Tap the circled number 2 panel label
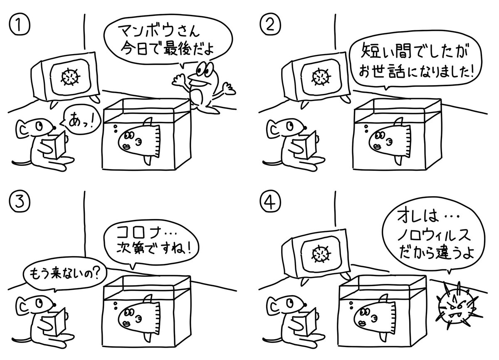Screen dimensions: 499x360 pyautogui.click(x=270, y=25)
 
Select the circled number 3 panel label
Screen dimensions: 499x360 pyautogui.click(x=19, y=202)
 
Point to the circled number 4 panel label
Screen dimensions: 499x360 pyautogui.click(x=270, y=202)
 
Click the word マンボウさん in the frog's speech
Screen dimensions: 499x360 pyautogui.click(x=158, y=31)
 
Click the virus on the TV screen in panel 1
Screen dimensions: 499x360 pyautogui.click(x=70, y=76)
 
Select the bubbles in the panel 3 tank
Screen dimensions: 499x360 pyautogui.click(x=116, y=306)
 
